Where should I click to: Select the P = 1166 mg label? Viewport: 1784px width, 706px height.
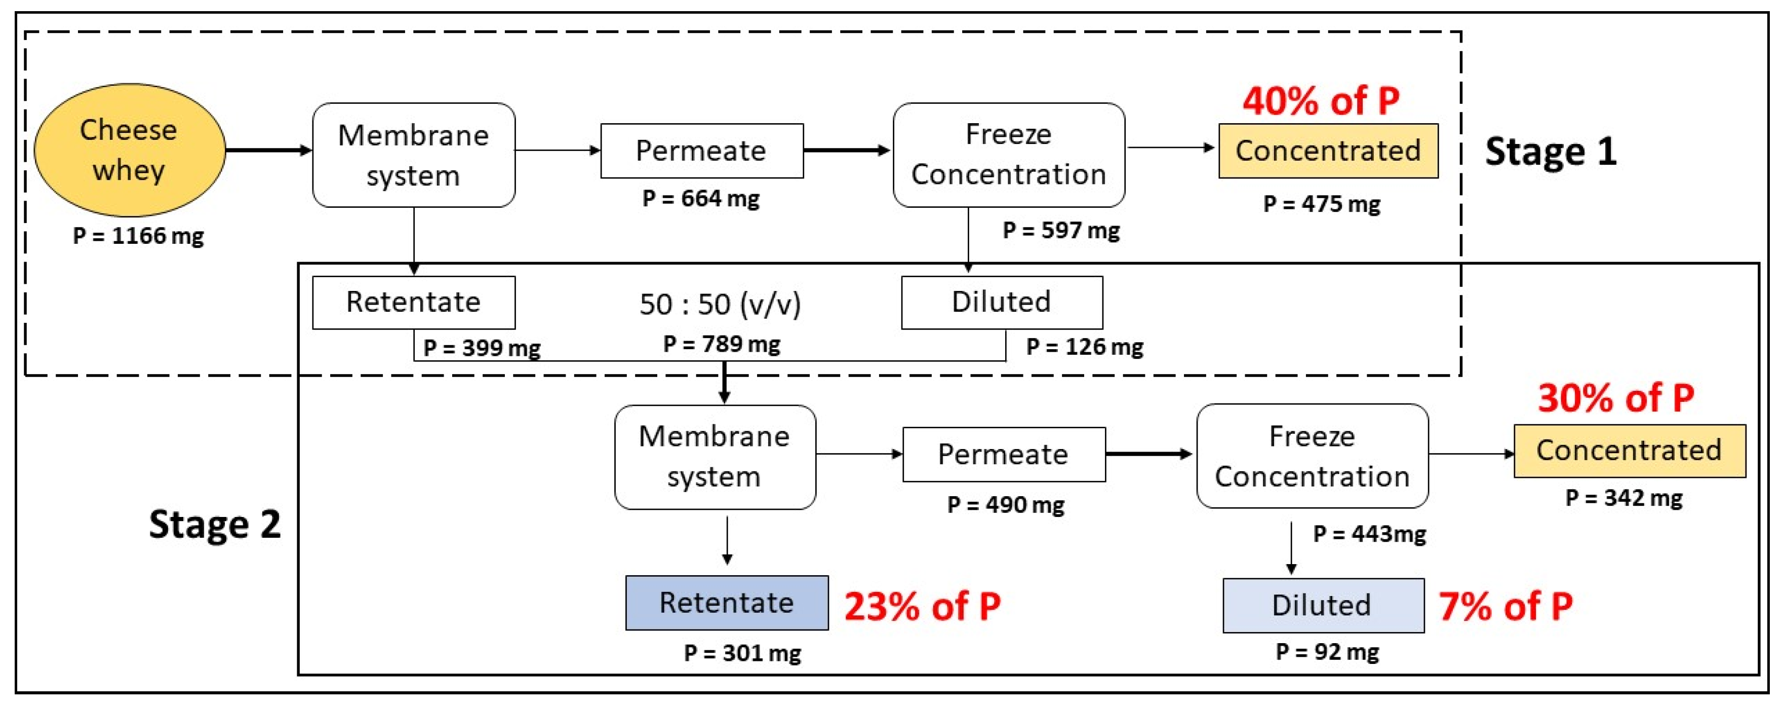click(139, 236)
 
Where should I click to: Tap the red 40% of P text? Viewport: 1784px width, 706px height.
click(1321, 101)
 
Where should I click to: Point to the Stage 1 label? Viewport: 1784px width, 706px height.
click(1551, 152)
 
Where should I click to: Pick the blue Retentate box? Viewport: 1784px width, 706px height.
click(727, 603)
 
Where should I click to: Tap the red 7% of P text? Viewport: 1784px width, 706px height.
click(1505, 607)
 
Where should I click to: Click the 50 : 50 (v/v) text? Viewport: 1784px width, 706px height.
click(720, 304)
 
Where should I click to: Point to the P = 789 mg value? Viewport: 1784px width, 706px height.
click(722, 344)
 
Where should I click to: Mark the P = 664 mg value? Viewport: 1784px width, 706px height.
click(701, 199)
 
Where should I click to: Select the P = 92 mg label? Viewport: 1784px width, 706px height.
click(1327, 652)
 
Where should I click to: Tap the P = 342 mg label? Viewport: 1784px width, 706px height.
click(1624, 498)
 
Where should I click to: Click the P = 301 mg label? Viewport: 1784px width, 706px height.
click(742, 653)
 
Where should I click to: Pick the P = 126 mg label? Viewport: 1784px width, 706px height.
click(1085, 347)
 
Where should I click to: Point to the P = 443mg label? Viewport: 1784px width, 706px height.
click(1369, 534)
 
